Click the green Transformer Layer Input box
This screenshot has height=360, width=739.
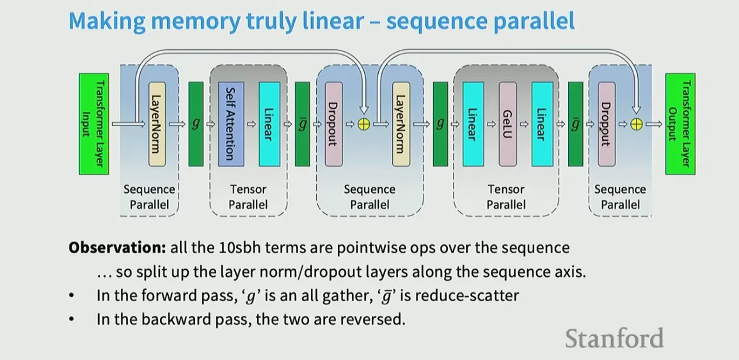point(93,123)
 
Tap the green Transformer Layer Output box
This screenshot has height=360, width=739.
point(679,123)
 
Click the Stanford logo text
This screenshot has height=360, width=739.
point(614,338)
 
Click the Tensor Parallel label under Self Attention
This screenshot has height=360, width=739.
point(248,197)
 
